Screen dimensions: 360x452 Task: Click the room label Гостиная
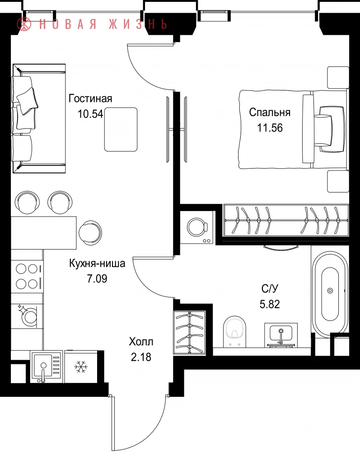click(x=90, y=99)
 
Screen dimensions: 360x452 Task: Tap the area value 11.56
click(x=270, y=128)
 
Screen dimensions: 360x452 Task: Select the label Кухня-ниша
click(x=97, y=264)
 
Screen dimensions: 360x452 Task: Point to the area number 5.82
click(x=270, y=304)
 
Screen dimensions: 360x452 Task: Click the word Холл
click(x=141, y=342)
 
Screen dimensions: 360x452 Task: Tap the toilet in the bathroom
click(x=235, y=331)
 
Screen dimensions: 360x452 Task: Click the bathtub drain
click(x=330, y=291)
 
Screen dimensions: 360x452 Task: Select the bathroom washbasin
click(x=281, y=334)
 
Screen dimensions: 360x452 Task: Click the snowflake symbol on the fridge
click(x=81, y=367)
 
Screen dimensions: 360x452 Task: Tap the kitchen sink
click(x=47, y=367)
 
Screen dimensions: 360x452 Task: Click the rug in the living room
click(x=121, y=129)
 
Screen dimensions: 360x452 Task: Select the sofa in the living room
click(x=39, y=118)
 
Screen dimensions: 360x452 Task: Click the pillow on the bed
click(x=323, y=129)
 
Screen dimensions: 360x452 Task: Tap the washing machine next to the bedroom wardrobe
click(x=197, y=227)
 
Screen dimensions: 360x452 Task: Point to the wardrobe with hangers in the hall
click(x=189, y=332)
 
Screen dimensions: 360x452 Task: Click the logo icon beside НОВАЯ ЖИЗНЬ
click(x=24, y=24)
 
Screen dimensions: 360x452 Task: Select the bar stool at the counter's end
click(x=90, y=232)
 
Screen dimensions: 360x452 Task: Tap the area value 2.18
click(x=141, y=357)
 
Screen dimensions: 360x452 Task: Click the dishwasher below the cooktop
click(x=28, y=316)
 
